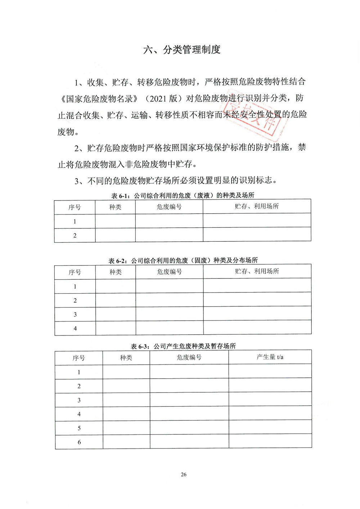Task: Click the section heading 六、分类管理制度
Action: tap(182, 50)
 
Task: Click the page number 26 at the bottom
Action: tap(184, 474)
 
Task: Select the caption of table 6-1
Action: tap(183, 195)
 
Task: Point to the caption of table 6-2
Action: tap(183, 260)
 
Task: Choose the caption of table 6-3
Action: tap(183, 346)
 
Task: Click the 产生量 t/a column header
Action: tap(270, 357)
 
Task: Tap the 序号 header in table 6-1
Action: tap(75, 207)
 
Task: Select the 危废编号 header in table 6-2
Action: tap(169, 272)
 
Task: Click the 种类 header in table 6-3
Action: tap(126, 357)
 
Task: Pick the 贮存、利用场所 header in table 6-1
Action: tap(257, 206)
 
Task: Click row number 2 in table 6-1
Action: tap(75, 235)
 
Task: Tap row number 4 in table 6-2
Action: tap(75, 328)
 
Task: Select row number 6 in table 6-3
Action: tap(79, 442)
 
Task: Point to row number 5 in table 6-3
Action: tap(79, 428)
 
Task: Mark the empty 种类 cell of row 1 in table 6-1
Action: tap(115, 221)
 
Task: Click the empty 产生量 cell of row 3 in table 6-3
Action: tap(270, 399)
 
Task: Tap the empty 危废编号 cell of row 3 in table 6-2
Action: tap(169, 314)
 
